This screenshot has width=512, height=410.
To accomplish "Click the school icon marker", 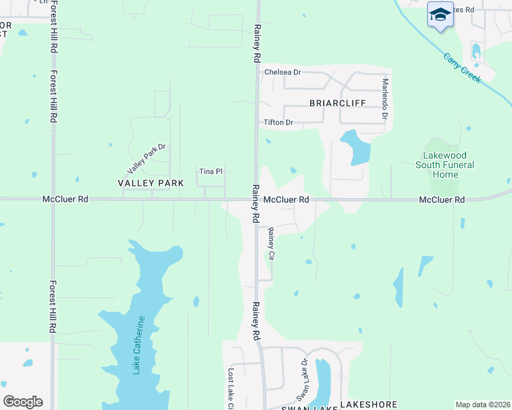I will point(440,14).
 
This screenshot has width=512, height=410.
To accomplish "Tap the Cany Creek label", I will point(462,68).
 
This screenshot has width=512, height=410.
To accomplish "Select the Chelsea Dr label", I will point(282,72).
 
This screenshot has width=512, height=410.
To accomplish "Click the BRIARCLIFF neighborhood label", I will point(337,103).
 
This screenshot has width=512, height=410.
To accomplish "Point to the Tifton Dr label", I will point(279,123).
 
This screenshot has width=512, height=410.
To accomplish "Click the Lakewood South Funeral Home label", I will point(445,165).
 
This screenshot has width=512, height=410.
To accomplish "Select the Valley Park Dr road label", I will point(146,158).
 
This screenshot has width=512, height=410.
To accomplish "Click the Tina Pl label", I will point(210,172).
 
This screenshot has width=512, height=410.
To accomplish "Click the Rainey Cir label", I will point(271,243).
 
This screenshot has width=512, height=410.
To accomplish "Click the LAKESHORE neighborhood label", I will point(369,404).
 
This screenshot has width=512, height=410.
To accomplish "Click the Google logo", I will point(23,402).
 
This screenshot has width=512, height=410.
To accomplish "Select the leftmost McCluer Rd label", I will point(65,200).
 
